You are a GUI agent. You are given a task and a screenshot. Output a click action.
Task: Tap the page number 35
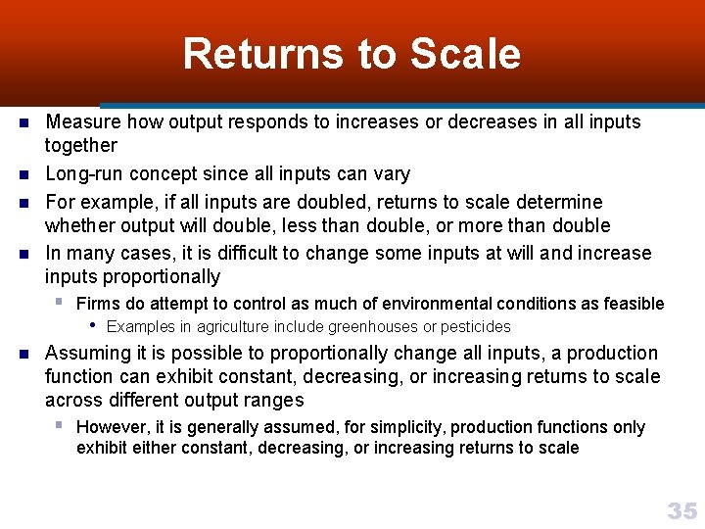coord(681,509)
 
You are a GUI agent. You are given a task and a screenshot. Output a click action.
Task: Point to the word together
coord(81,146)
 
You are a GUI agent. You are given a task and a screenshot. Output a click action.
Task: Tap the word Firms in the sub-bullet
coord(97,304)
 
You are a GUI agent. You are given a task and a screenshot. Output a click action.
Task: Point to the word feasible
coord(630,304)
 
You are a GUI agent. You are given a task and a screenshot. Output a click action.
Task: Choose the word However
coord(110,427)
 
